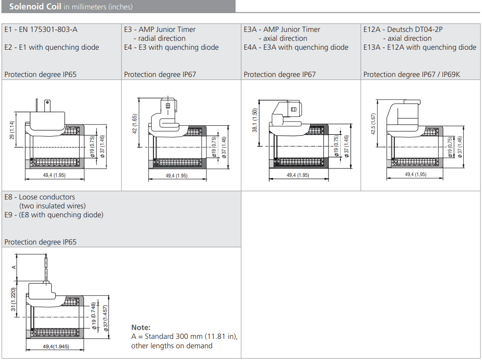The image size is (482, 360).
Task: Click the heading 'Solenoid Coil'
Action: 35,7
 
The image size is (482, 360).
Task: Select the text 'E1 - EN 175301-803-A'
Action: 41,30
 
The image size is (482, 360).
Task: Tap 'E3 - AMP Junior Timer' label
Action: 160,30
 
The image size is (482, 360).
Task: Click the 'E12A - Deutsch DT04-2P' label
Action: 403,30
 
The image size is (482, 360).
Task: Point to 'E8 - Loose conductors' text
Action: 39,197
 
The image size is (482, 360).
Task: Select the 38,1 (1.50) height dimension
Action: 255,120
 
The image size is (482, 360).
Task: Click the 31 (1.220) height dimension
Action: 13,299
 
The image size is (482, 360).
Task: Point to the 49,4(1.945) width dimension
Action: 56,346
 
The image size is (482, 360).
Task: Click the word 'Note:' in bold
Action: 141,328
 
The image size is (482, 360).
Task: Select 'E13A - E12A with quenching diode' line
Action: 420,47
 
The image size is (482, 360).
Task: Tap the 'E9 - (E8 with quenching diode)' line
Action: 54,215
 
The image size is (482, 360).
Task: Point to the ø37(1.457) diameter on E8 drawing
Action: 107,317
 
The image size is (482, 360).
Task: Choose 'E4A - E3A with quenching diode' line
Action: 296,47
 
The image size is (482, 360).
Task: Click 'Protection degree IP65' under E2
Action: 40,74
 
